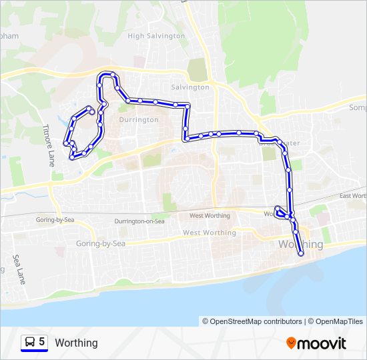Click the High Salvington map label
pos(156,36)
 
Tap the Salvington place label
pos(190,87)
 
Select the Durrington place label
pos(139,120)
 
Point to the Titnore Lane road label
pos(49,145)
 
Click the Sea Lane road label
pos(19,269)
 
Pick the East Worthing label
pos(353,196)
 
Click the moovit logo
pos(316,343)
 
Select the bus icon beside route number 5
pos(30,342)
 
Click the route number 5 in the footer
pos(42,342)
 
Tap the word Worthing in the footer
pos(76,343)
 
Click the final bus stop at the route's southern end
pos(301,253)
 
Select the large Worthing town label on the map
pos(300,245)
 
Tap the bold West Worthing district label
pos(209,233)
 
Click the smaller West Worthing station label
pos(210,216)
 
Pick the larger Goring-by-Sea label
pos(101,244)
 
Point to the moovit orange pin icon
pos(292,343)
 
